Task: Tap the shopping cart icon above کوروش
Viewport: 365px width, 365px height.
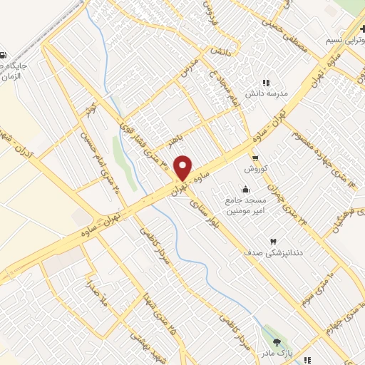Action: [x=255, y=158]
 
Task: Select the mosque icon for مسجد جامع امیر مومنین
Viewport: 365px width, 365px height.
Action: [x=246, y=189]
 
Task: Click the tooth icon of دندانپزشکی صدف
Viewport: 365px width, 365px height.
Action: [x=273, y=240]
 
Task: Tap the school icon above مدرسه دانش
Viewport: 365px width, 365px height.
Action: [x=267, y=83]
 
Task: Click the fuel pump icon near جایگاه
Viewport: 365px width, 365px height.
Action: [x=4, y=55]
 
